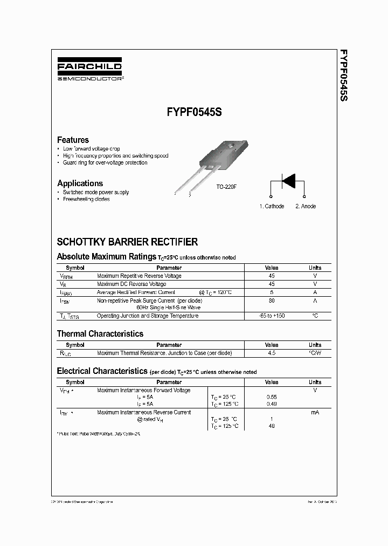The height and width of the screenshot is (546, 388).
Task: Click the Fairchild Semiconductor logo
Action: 90,70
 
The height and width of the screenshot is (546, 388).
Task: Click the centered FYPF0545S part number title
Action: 195,114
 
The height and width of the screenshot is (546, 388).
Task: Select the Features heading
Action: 73,140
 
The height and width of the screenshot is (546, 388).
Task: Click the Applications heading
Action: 80,183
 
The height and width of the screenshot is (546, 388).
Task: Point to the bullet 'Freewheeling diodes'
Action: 86,199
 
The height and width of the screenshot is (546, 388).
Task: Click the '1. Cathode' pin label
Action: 272,206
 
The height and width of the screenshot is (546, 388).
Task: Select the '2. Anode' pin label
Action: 306,206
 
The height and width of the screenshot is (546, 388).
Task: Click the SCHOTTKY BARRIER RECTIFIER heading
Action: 127,242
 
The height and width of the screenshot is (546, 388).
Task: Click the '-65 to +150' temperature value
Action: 272,316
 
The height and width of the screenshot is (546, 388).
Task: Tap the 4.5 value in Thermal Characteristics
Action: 272,353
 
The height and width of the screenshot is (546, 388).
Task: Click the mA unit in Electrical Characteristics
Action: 315,412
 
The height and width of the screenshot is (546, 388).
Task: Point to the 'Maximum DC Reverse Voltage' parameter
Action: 131,284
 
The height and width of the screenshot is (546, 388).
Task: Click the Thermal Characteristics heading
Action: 100,334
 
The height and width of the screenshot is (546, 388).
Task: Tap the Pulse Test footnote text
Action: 99,434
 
